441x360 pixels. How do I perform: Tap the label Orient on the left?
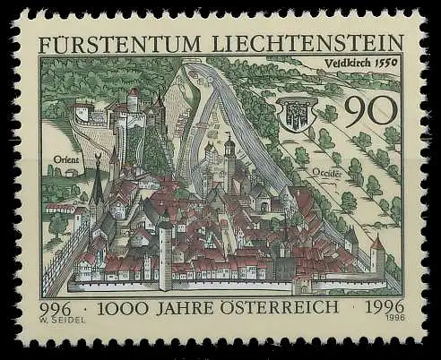(66, 159)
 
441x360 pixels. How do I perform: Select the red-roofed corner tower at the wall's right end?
(377, 256)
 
